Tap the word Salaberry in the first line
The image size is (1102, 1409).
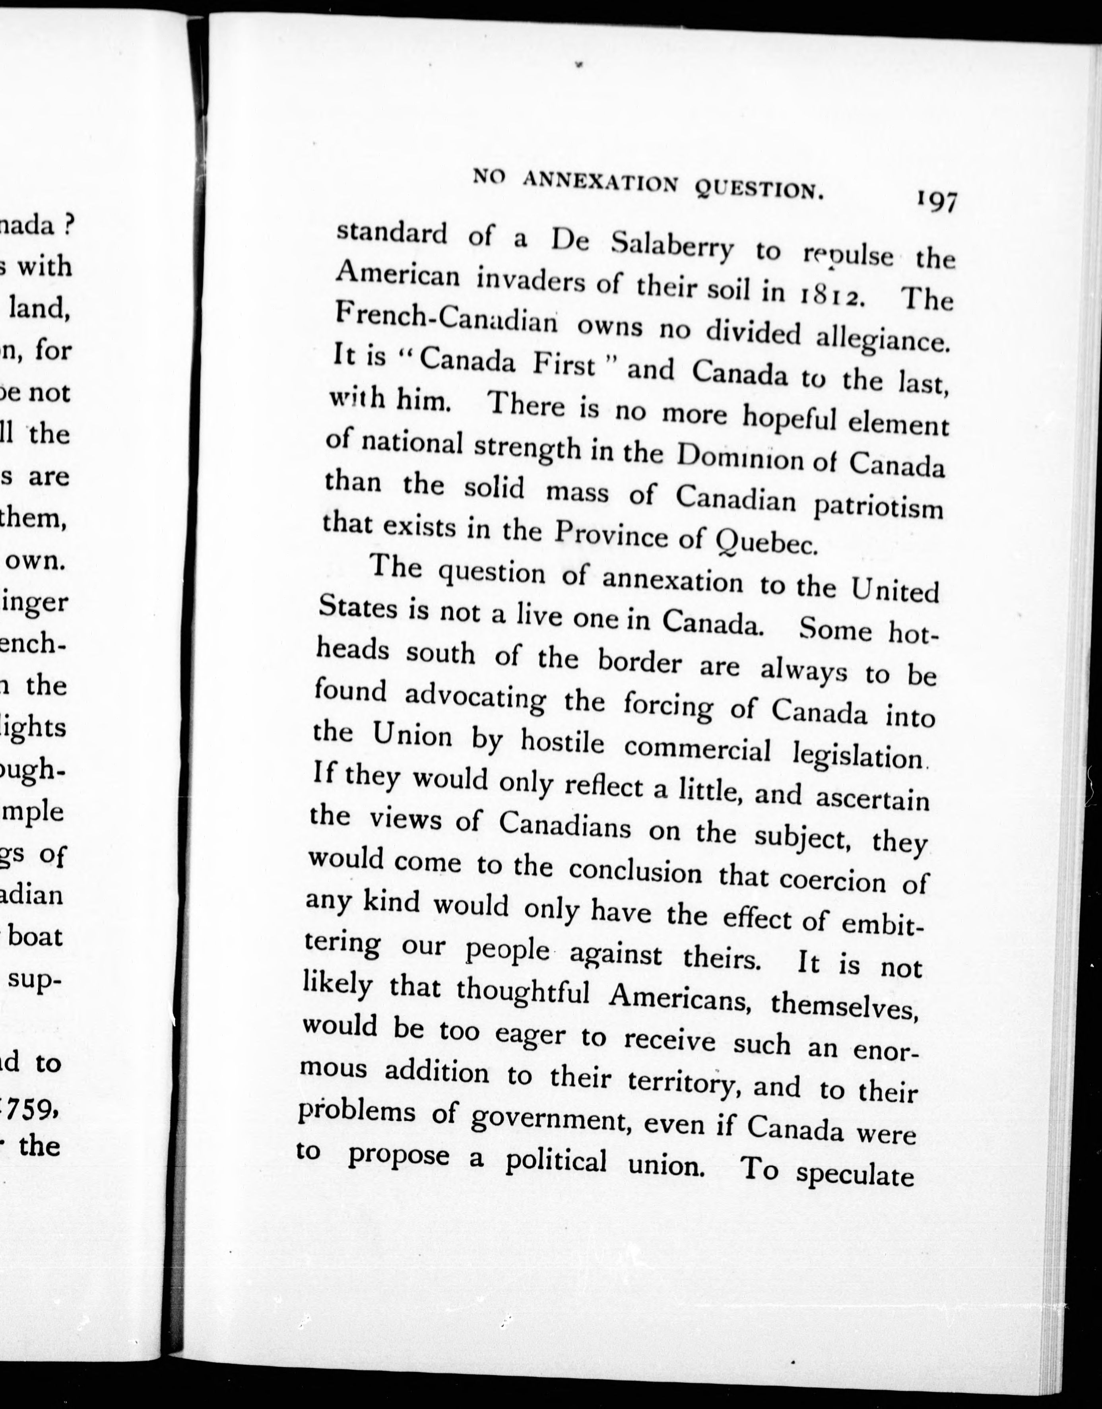point(671,245)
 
